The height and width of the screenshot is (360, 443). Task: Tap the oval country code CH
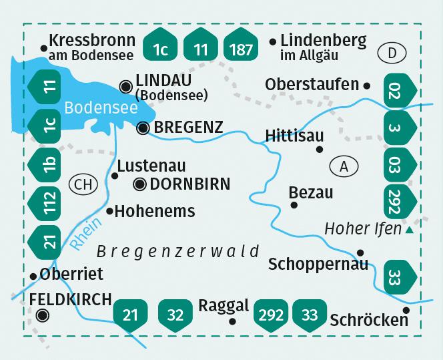82,184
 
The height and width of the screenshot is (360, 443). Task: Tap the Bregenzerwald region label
178,251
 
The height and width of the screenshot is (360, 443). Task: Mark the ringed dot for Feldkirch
43,315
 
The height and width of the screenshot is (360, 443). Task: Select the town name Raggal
224,306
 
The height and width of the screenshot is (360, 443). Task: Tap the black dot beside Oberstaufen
366,85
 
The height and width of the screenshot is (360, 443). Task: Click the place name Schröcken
369,320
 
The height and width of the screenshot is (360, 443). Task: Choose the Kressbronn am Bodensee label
92,47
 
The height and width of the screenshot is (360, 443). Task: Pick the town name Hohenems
155,212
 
